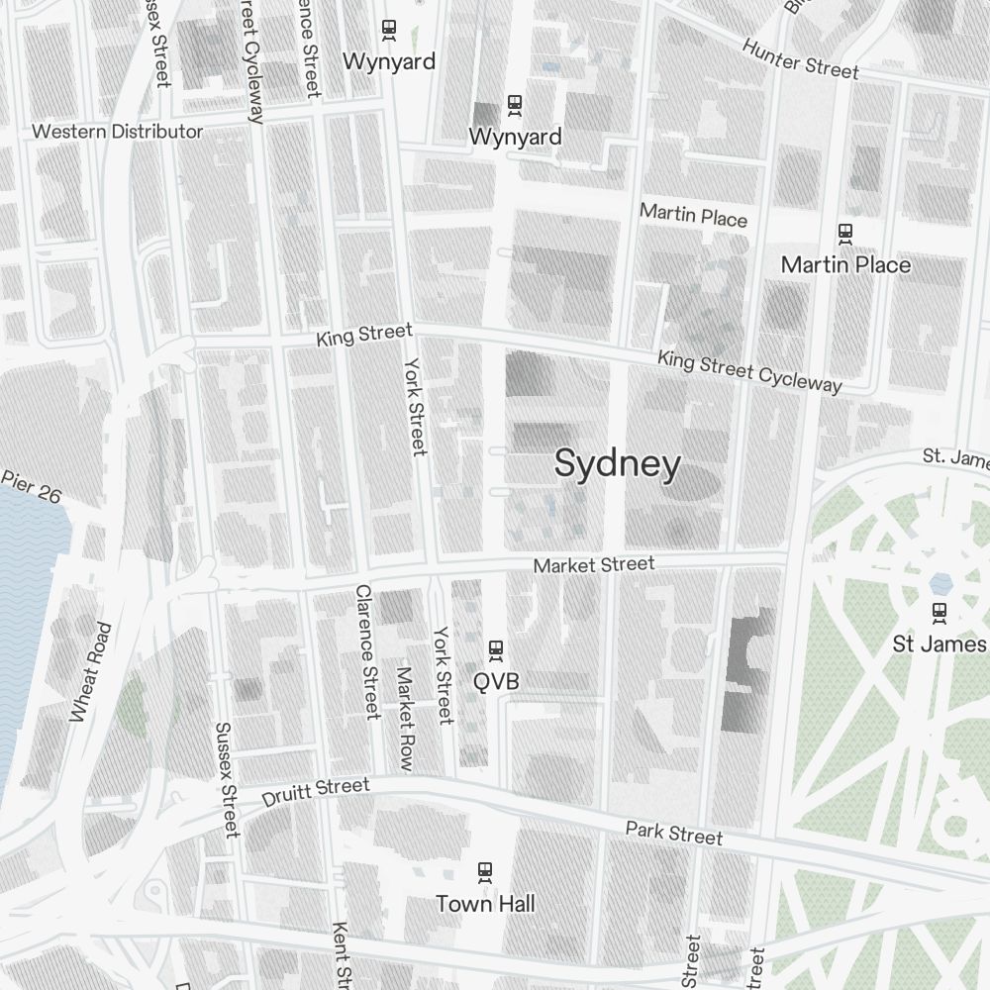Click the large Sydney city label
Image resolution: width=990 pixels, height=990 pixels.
pyautogui.click(x=618, y=463)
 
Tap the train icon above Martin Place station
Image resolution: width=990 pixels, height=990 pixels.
pyautogui.click(x=845, y=234)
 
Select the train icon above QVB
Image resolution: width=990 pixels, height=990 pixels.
pyautogui.click(x=496, y=649)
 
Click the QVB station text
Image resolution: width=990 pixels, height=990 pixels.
pyautogui.click(x=496, y=681)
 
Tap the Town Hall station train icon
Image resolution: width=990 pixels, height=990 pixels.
pyautogui.click(x=485, y=872)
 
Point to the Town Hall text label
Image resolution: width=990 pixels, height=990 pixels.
pyautogui.click(x=485, y=903)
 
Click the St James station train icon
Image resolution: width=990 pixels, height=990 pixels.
pyautogui.click(x=939, y=613)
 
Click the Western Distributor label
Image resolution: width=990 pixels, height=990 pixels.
pyautogui.click(x=117, y=132)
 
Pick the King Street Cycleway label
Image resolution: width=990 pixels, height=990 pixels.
pyautogui.click(x=749, y=371)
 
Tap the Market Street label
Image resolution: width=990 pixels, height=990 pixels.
pyautogui.click(x=593, y=565)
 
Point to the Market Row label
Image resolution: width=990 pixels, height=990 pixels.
pyautogui.click(x=405, y=719)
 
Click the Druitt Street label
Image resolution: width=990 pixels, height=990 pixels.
pyautogui.click(x=316, y=792)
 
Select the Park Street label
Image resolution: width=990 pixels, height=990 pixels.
pyautogui.click(x=673, y=833)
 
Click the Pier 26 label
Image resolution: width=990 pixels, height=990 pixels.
pyautogui.click(x=31, y=486)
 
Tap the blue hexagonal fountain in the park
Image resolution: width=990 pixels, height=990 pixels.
pyautogui.click(x=940, y=582)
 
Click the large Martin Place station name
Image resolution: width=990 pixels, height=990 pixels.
pyautogui.click(x=845, y=264)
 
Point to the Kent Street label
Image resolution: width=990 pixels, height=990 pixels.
pyautogui.click(x=342, y=955)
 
